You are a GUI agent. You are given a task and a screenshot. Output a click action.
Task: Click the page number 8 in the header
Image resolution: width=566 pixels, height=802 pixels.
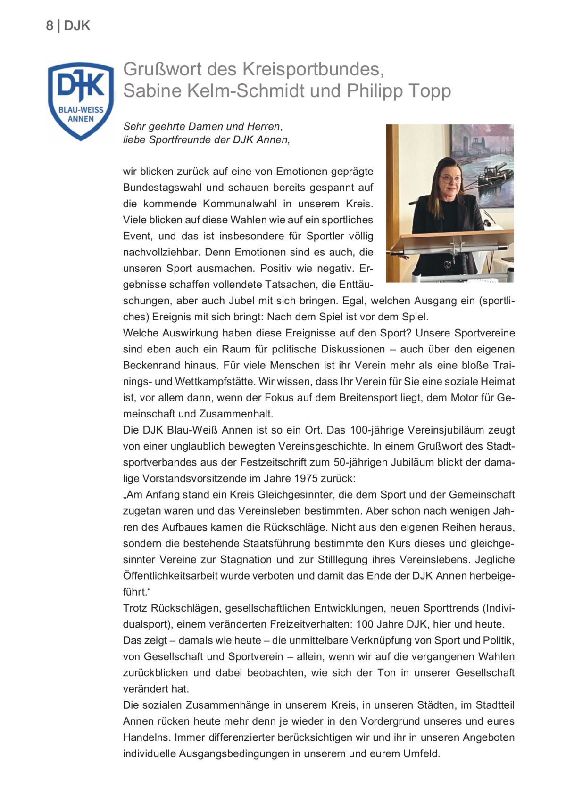pos(50,25)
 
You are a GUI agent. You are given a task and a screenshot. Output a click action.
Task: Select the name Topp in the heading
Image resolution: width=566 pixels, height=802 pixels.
pos(430,90)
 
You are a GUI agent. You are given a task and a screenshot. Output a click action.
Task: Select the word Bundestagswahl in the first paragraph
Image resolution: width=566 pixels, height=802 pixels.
pos(163,188)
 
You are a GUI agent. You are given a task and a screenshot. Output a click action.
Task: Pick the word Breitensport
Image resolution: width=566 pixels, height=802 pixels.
pos(368,398)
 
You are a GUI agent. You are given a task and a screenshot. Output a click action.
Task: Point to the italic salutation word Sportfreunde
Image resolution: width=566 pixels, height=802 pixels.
pos(200,140)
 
